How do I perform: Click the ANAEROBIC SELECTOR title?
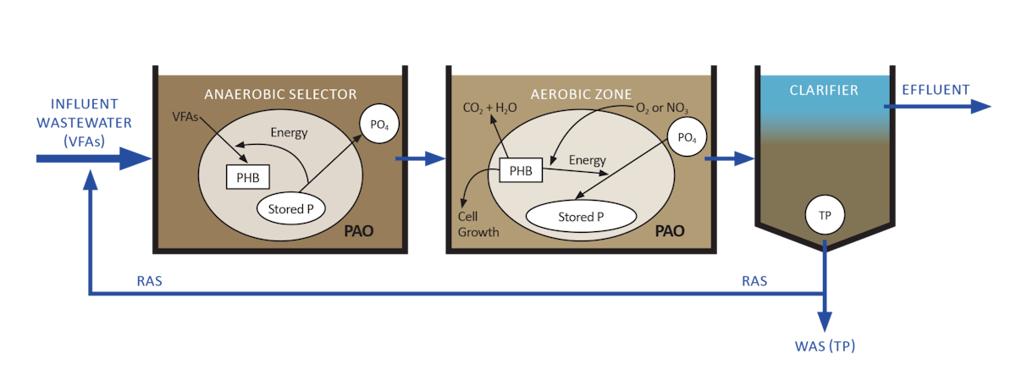(279, 93)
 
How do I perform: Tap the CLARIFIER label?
(824, 90)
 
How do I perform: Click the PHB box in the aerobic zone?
(521, 171)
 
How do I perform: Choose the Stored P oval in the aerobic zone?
(581, 216)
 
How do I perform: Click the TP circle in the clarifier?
(825, 215)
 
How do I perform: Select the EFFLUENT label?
(936, 90)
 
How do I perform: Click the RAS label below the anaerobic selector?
(150, 280)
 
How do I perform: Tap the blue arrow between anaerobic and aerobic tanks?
(420, 158)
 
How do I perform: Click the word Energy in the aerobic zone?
(587, 160)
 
